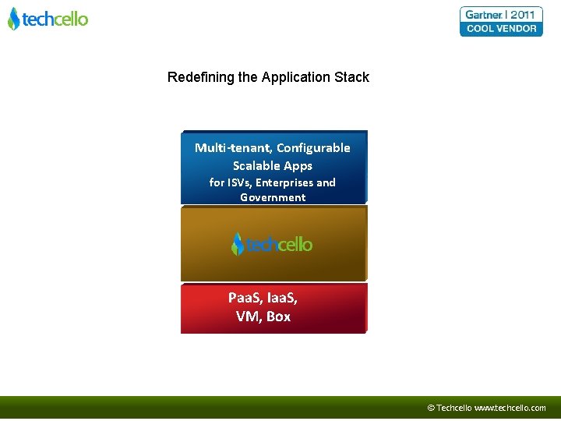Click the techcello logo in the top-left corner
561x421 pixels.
pyautogui.click(x=48, y=19)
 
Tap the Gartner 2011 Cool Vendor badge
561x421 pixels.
pyautogui.click(x=502, y=21)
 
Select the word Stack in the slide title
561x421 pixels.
pyautogui.click(x=352, y=77)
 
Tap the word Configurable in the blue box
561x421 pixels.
pyautogui.click(x=313, y=148)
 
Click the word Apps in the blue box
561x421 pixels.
pyautogui.click(x=298, y=165)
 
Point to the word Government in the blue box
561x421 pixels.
pyautogui.click(x=273, y=197)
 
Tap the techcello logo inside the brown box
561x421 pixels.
pyautogui.click(x=272, y=244)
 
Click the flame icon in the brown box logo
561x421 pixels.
pyautogui.click(x=238, y=244)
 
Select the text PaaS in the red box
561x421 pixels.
pyautogui.click(x=245, y=298)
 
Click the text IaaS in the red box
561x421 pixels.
pyautogui.click(x=282, y=298)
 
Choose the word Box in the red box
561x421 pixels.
pyautogui.click(x=278, y=316)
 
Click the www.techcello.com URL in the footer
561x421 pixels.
pyautogui.click(x=510, y=408)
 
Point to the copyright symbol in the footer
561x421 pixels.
pyautogui.click(x=431, y=408)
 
